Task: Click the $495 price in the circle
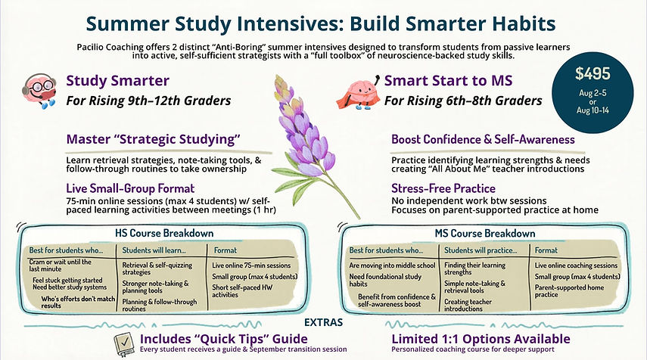[x=593, y=74]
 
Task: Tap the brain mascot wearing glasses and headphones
[x=39, y=91]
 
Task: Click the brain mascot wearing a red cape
[x=358, y=94]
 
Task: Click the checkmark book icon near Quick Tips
[x=124, y=344]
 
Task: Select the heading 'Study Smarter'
[x=117, y=80]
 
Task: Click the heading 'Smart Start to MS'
[x=448, y=80]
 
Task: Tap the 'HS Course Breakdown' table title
[x=164, y=234]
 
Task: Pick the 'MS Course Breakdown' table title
[x=485, y=234]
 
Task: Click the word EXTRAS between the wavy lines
[x=324, y=322]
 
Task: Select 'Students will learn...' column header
[x=154, y=250]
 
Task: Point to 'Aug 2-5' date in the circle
[x=593, y=93]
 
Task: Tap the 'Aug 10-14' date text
[x=593, y=110]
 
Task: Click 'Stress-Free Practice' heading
[x=443, y=188]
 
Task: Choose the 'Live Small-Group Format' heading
[x=130, y=188]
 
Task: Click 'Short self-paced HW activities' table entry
[x=242, y=291]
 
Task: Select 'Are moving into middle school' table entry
[x=392, y=265]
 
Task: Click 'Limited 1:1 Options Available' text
[x=481, y=339]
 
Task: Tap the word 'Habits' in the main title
[x=523, y=23]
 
